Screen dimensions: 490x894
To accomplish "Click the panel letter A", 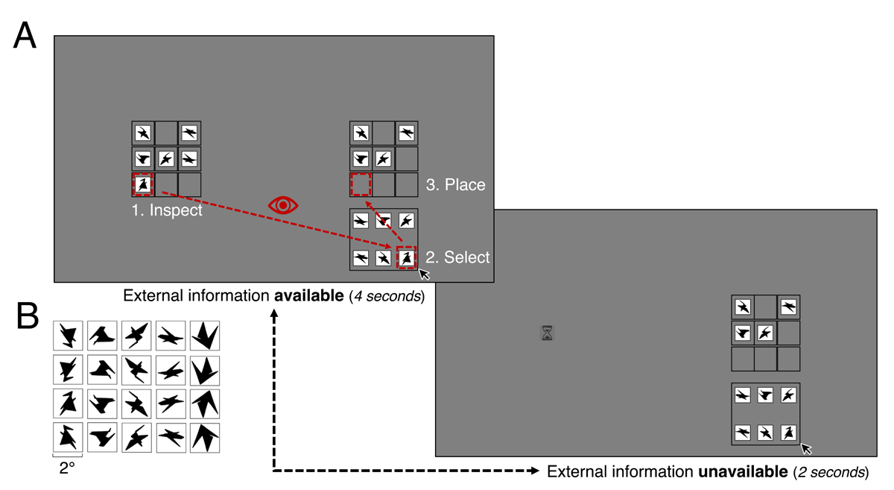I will [x=25, y=35].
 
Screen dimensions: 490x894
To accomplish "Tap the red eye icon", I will [x=283, y=205].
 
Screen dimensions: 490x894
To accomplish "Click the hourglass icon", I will [x=548, y=333].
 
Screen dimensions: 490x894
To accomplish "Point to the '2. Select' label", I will [x=457, y=257].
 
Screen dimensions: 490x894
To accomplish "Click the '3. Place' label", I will [x=455, y=185].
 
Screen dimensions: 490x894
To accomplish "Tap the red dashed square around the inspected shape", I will [x=143, y=183].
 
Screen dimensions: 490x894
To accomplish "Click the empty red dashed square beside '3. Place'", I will [x=361, y=183].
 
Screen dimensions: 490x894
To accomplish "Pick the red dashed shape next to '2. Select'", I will [x=406, y=257].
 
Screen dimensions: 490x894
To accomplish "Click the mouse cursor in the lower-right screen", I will [x=806, y=448].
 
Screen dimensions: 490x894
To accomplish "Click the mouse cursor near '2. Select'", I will [x=424, y=274].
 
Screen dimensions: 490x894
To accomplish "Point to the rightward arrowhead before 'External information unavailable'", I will [x=534, y=471].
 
